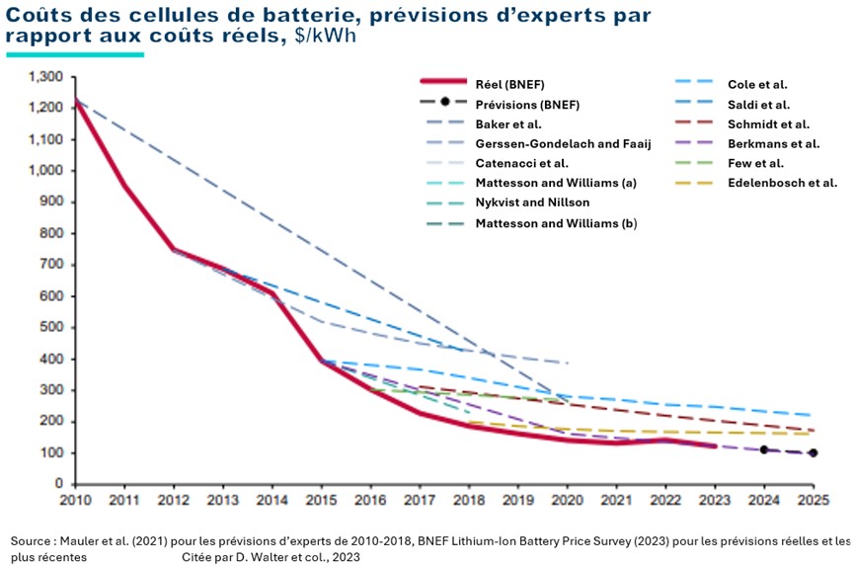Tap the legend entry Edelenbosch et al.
782,183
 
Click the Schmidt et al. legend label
768,124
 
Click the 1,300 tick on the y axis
46,77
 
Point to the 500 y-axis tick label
52,327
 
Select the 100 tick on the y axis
52,452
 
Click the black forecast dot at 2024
763,449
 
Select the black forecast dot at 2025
813,453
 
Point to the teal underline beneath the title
75,55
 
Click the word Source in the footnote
32,542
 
